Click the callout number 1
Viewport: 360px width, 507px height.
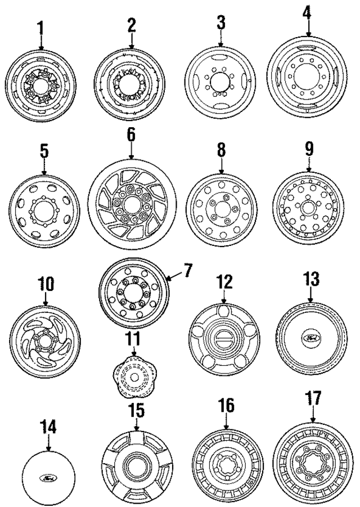(x=40, y=26)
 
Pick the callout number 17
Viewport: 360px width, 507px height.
(x=313, y=404)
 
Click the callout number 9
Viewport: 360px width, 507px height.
(x=309, y=149)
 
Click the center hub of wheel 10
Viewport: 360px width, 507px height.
(x=43, y=340)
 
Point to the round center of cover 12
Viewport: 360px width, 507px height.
(x=224, y=338)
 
